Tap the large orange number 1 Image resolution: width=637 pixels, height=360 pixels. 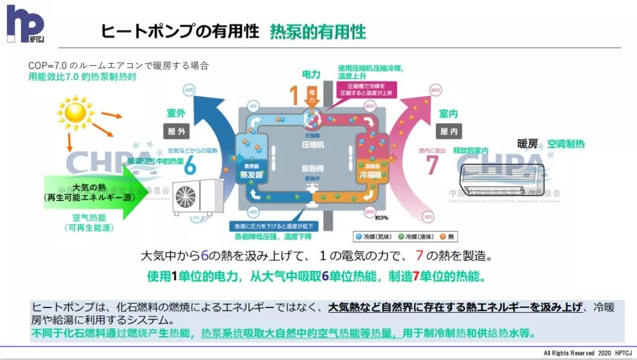click(x=294, y=96)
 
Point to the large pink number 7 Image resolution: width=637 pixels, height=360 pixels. click(x=433, y=165)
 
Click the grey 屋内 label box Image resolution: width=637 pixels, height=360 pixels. click(x=449, y=131)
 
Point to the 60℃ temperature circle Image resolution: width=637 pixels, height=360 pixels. click(x=370, y=107)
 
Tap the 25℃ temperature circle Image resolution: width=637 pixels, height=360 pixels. click(x=436, y=90)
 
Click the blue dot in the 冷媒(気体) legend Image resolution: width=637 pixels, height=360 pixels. click(x=359, y=237)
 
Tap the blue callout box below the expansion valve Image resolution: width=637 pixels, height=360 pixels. click(x=275, y=226)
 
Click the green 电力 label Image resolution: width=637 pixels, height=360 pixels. click(x=311, y=74)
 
